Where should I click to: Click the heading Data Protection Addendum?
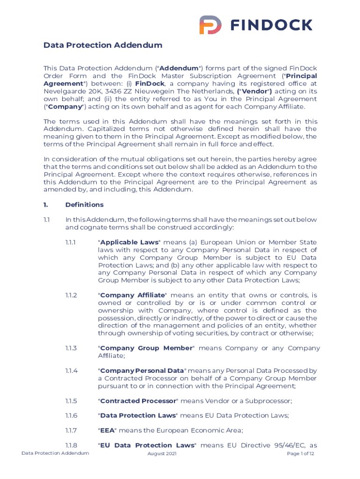coord(103,45)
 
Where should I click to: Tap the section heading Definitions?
coord(85,204)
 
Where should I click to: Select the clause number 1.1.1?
coord(72,242)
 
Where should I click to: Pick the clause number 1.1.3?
coord(72,348)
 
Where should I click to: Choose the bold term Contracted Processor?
coord(138,401)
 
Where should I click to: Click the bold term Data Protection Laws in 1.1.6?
coord(138,415)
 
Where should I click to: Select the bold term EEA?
coord(108,430)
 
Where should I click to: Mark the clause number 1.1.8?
coord(72,445)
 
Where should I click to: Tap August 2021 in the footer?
coord(162,454)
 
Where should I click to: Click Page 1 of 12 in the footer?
coord(301,454)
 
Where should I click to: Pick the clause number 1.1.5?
coord(72,401)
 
